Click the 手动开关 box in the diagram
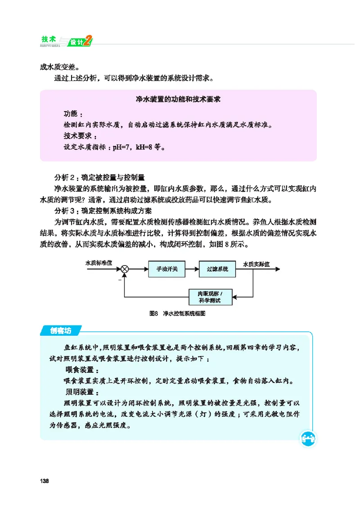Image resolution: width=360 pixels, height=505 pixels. (x=167, y=269)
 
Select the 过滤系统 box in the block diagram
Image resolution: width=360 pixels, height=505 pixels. (x=217, y=269)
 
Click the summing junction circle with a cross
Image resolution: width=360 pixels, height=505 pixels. (x=125, y=269)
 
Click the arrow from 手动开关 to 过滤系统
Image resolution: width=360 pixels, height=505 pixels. (x=192, y=269)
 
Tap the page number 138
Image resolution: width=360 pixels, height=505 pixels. (x=44, y=481)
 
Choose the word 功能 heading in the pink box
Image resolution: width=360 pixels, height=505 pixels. (x=72, y=113)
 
